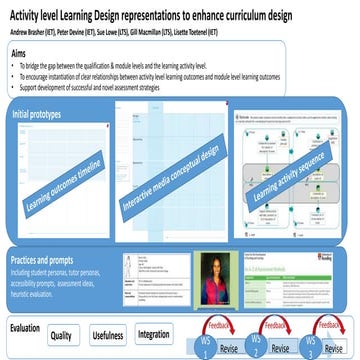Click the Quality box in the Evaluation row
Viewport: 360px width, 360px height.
(61, 334)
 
